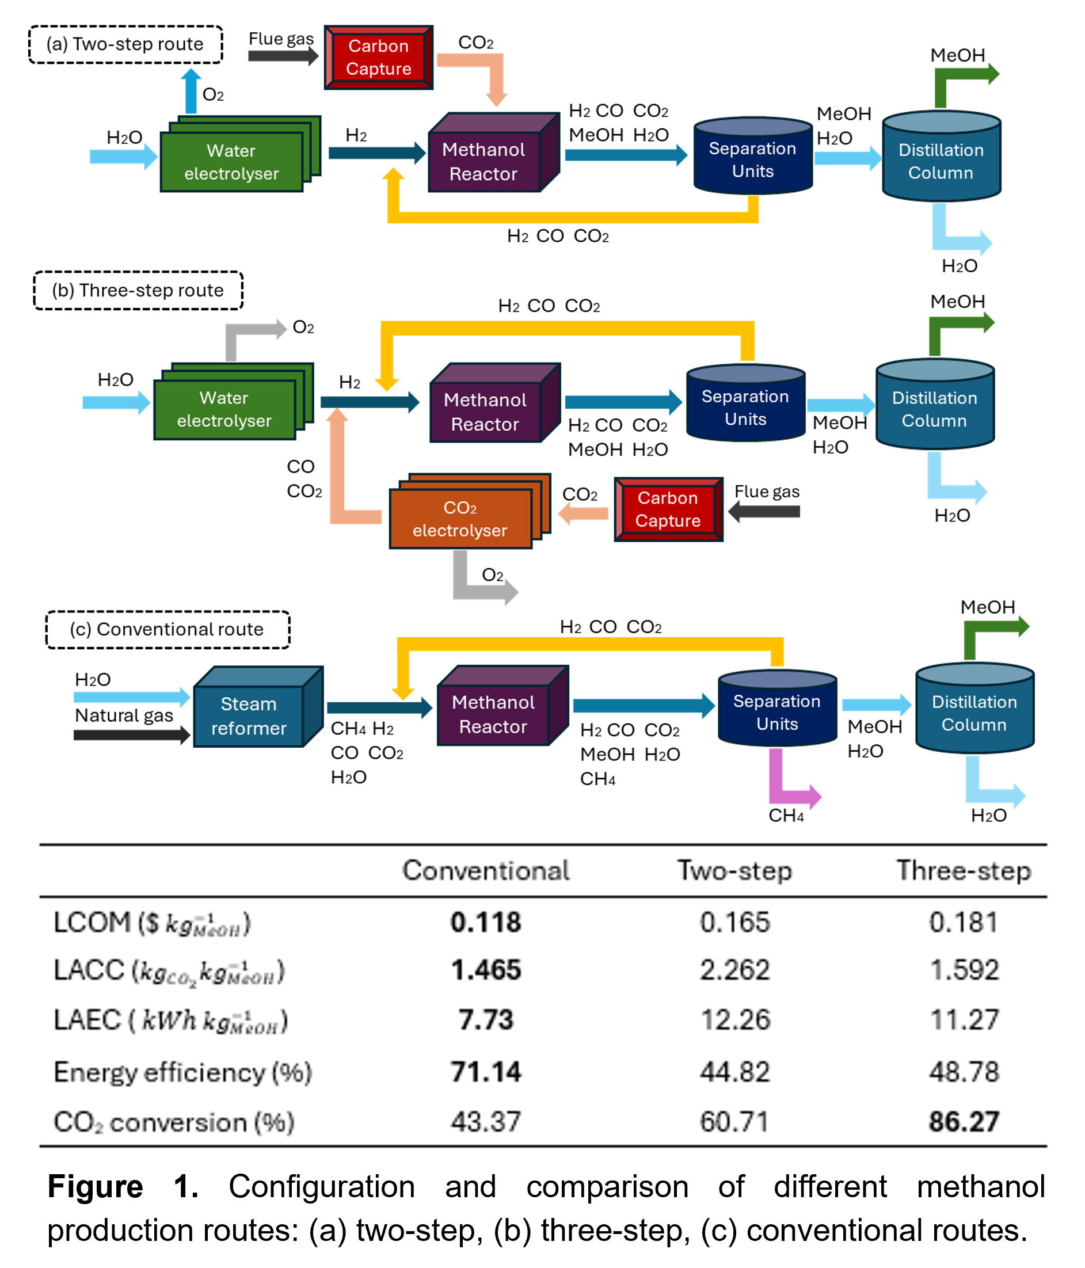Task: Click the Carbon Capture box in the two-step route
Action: point(378,58)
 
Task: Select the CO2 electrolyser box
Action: point(460,519)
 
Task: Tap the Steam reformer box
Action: point(249,715)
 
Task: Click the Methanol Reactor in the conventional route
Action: point(493,714)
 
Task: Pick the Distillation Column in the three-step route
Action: point(934,409)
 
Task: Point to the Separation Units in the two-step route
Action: point(753,159)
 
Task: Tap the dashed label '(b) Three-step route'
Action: point(138,290)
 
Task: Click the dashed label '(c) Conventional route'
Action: point(167,629)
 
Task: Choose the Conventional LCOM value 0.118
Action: point(486,922)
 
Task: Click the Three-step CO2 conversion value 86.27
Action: point(964,1122)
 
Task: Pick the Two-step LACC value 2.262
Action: point(734,970)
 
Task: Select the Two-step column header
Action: point(734,870)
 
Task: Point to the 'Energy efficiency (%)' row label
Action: point(183,1072)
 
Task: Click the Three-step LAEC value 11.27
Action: point(964,1019)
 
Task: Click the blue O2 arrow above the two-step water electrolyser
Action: point(192,91)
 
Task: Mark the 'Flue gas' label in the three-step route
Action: point(767,492)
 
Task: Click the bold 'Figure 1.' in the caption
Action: point(123,1187)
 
